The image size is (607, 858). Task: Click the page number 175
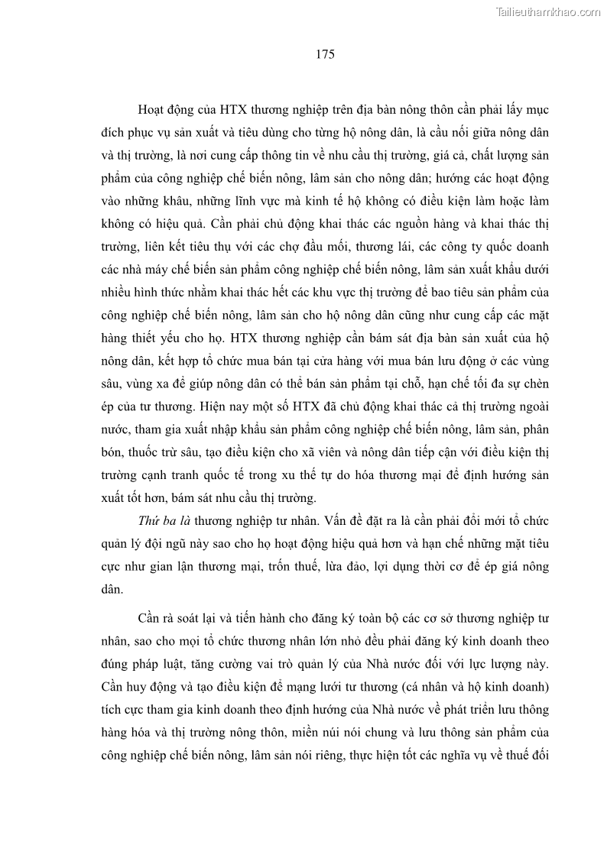(x=324, y=55)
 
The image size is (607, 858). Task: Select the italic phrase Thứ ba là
(x=164, y=521)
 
